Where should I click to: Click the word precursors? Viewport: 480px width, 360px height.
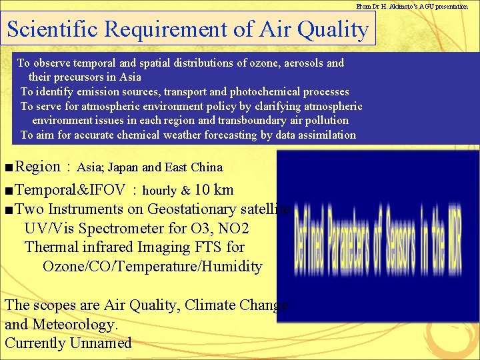77,77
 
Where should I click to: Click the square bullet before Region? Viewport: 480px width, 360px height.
7,167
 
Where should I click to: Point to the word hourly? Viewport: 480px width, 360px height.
160,191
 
